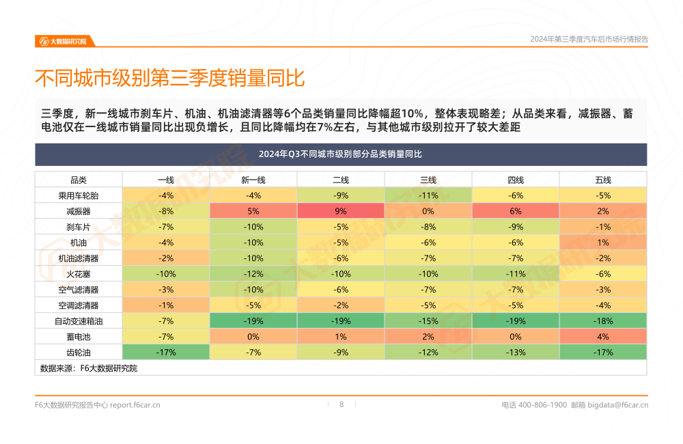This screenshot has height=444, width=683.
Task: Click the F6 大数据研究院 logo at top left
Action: (63, 41)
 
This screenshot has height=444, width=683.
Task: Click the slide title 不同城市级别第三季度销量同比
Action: (169, 78)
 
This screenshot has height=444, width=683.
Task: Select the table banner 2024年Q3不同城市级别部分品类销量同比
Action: (341, 154)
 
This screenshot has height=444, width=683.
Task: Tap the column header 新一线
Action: (253, 180)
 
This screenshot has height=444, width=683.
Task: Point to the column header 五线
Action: (603, 180)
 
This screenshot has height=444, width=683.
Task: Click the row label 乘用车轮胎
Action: (79, 195)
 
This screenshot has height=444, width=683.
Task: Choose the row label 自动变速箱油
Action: (79, 321)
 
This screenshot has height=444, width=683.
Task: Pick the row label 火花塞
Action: (79, 274)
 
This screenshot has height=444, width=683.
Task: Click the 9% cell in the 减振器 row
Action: (341, 211)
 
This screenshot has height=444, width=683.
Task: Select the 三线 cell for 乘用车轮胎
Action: (428, 195)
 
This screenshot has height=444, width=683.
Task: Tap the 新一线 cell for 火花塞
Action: (253, 274)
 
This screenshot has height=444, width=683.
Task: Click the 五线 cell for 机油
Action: (603, 242)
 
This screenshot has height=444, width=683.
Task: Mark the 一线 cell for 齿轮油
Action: (166, 352)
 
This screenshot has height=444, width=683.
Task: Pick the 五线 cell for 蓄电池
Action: (603, 337)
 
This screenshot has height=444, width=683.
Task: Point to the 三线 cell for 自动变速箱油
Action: (428, 321)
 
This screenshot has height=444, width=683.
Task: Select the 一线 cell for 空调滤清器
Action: (166, 305)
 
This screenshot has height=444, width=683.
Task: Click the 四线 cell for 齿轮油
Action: (516, 352)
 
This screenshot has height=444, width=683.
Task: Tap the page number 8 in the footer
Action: (341, 404)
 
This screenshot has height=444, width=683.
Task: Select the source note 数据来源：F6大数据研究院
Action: (89, 368)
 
